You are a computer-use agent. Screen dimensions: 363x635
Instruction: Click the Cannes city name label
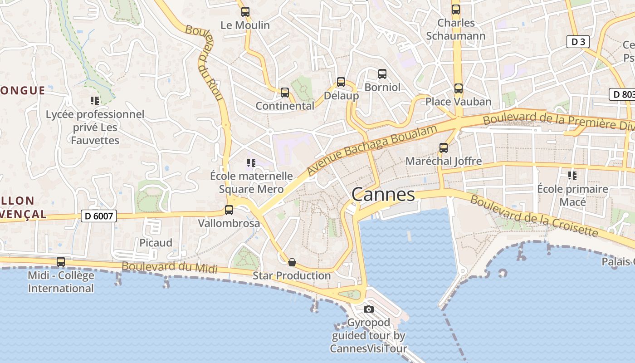383,195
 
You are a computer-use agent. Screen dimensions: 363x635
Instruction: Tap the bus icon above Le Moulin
245,12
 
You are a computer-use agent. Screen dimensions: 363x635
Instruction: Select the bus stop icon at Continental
285,93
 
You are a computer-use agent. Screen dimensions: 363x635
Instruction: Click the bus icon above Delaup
341,82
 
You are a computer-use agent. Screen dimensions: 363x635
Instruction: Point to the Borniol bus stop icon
382,74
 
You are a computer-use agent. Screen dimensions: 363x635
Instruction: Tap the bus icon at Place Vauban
459,88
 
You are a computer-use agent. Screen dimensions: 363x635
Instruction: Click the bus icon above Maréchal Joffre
444,147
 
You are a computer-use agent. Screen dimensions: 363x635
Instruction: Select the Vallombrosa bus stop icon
229,210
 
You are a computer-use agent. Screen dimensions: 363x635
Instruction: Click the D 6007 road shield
99,216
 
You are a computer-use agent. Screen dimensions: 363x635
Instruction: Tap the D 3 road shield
578,42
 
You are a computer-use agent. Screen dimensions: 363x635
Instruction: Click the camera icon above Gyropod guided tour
369,309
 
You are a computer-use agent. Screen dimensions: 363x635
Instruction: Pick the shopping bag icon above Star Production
292,262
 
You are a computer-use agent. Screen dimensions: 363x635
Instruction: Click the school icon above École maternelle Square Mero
251,162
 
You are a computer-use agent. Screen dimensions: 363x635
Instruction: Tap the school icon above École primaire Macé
572,175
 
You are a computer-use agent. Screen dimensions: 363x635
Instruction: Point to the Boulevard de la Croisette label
534,216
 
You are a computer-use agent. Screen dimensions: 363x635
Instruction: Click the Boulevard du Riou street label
207,64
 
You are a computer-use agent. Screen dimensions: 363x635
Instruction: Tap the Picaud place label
156,243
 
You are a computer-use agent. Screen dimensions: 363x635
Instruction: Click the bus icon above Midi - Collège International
61,262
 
